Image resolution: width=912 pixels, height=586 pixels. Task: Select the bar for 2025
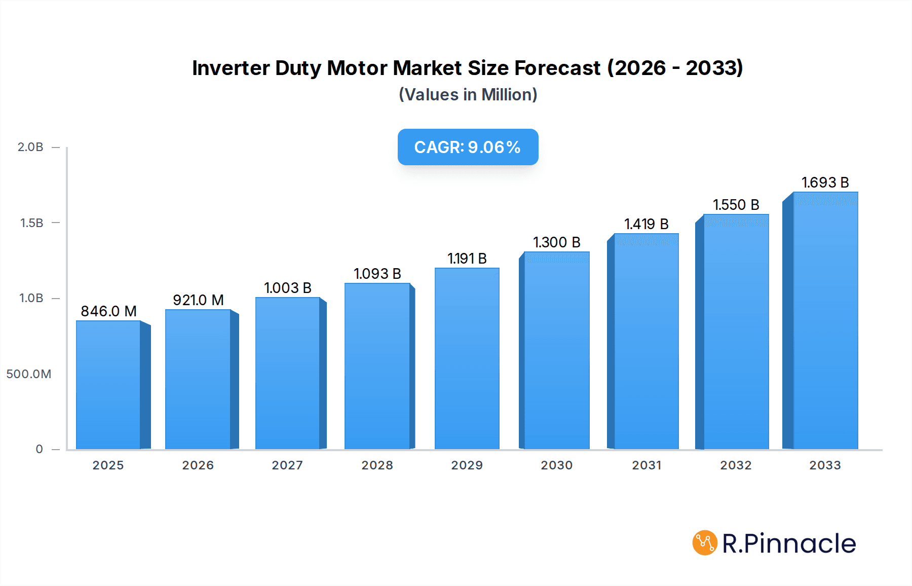(x=108, y=385)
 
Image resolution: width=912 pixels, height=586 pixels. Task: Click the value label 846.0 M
(x=108, y=311)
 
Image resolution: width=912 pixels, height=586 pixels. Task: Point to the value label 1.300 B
(x=556, y=242)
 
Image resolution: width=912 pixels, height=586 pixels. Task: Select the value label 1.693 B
(x=825, y=182)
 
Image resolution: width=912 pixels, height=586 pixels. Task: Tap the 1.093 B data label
(x=377, y=274)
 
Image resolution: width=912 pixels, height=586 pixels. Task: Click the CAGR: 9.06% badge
(x=468, y=147)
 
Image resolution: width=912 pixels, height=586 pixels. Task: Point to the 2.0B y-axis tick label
(x=30, y=147)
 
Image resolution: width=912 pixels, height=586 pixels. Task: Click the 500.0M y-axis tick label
(x=29, y=374)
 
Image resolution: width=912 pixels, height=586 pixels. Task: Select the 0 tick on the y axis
(x=39, y=449)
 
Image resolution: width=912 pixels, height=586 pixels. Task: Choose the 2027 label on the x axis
(x=287, y=465)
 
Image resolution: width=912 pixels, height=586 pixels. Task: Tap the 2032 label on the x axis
(x=736, y=465)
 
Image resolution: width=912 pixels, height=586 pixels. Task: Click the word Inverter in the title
(x=231, y=68)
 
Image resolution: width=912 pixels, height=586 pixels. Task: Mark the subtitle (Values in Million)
(x=468, y=95)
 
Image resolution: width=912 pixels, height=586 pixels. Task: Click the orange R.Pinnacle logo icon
(x=704, y=543)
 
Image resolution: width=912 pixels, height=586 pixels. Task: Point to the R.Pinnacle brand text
(x=789, y=543)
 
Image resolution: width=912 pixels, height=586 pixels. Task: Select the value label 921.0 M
(x=198, y=300)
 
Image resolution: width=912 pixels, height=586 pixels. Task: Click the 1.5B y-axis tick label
(x=31, y=223)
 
